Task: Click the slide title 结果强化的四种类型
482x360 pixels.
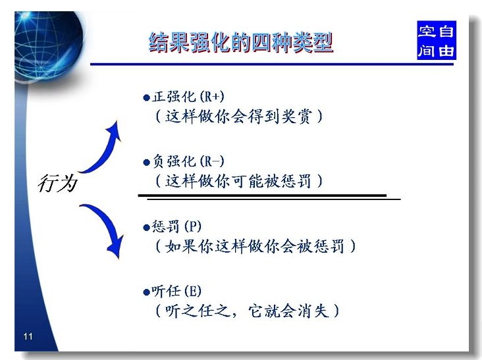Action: click(x=241, y=42)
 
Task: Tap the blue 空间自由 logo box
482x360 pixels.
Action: click(x=436, y=40)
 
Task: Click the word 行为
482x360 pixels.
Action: click(x=57, y=184)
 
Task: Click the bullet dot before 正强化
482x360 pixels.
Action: click(x=146, y=98)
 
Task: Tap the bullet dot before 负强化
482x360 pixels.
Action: click(x=146, y=163)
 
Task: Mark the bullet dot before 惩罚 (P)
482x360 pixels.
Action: click(x=146, y=228)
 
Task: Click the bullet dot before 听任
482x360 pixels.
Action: click(x=146, y=292)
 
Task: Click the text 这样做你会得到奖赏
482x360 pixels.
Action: click(x=238, y=116)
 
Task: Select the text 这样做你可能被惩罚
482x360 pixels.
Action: click(x=238, y=181)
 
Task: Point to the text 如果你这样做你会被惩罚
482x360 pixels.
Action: click(x=255, y=246)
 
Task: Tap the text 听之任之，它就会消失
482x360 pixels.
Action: click(x=246, y=311)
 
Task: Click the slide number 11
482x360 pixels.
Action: click(x=28, y=336)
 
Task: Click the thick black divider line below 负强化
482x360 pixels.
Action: click(x=262, y=195)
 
